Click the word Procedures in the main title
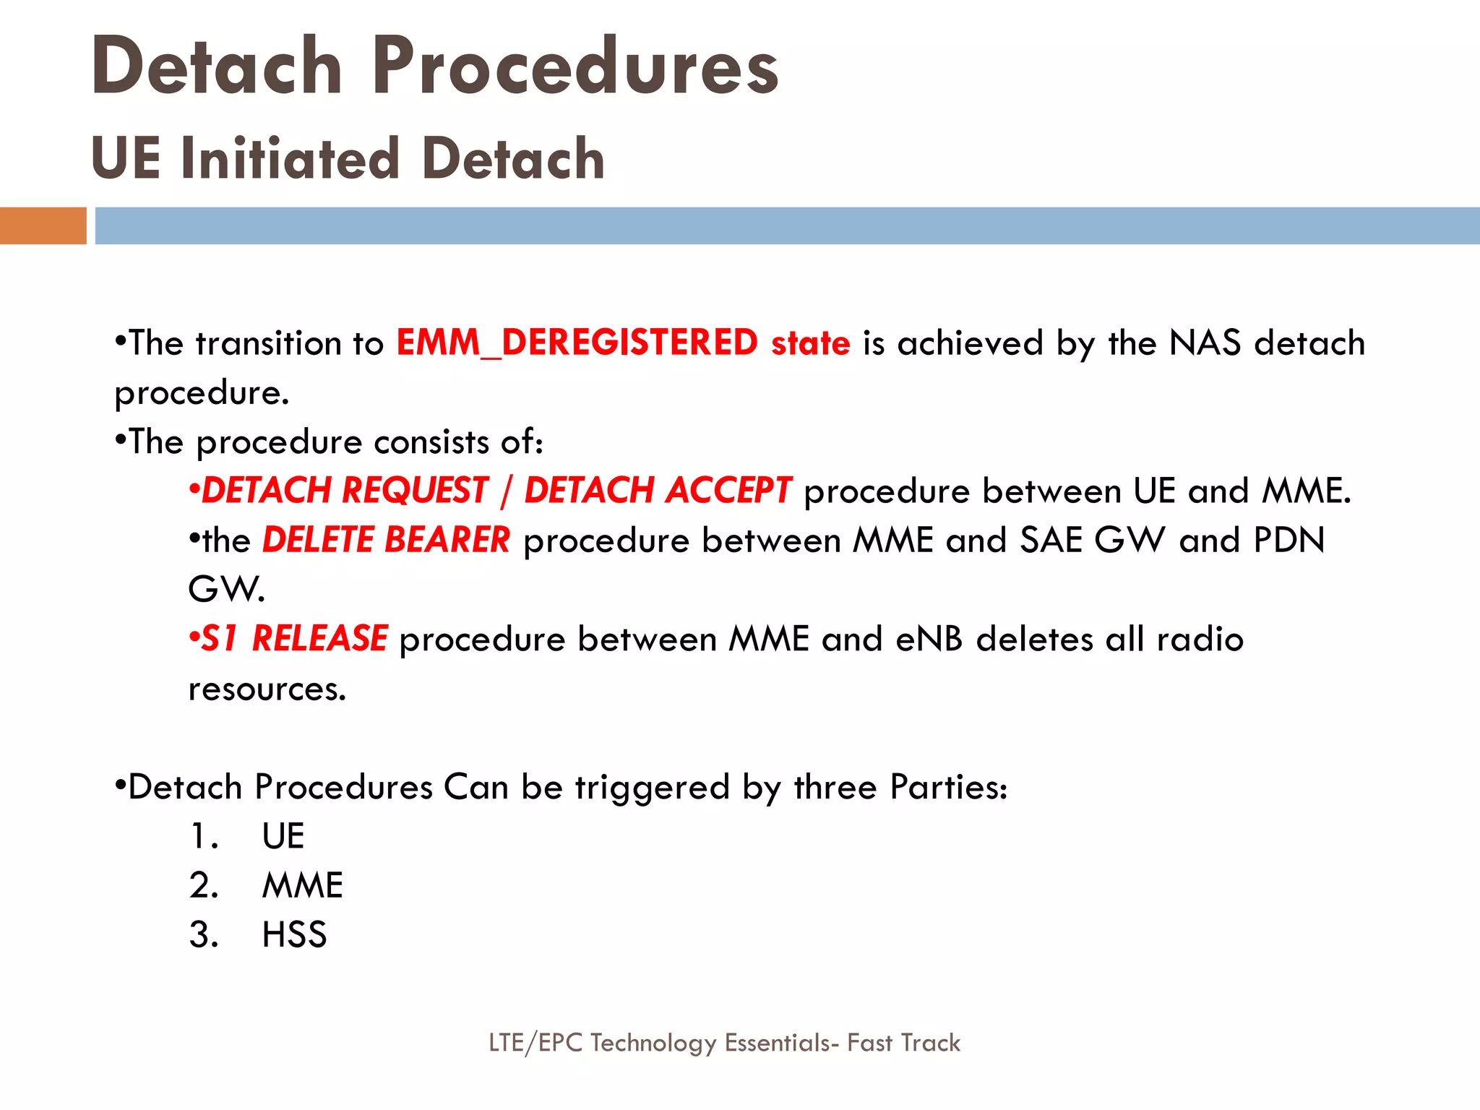(576, 66)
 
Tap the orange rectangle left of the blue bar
(43, 225)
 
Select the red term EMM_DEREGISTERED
(577, 343)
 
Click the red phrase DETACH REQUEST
(345, 491)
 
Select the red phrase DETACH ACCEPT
(658, 491)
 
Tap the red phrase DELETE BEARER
(386, 540)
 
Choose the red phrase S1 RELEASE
(293, 639)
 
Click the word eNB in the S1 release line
(929, 639)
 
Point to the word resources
(267, 689)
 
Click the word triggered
(652, 787)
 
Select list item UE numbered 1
(283, 836)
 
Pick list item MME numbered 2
(302, 885)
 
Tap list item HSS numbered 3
(294, 934)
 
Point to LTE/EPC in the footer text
(535, 1043)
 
